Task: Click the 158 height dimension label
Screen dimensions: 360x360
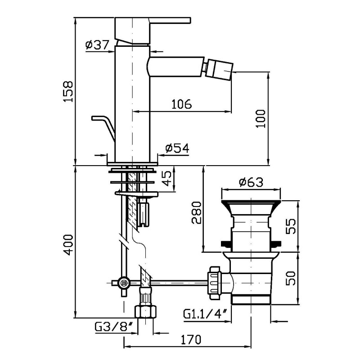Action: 68,91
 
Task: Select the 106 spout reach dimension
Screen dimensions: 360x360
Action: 182,104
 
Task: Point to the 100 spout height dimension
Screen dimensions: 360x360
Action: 260,119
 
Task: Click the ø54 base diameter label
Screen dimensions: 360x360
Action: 177,148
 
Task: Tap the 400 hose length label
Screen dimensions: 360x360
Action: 68,245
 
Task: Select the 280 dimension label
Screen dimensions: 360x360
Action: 197,212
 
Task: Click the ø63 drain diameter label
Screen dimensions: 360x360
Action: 251,182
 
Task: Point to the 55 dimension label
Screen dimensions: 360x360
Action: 291,226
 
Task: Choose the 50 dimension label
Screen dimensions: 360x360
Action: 291,278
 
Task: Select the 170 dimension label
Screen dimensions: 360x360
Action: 191,340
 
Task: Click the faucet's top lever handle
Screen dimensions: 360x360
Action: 153,30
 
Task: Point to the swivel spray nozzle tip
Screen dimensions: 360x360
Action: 220,70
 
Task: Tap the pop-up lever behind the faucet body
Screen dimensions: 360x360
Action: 103,128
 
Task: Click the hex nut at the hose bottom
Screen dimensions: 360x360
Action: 145,311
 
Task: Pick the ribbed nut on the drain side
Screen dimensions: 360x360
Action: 214,283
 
